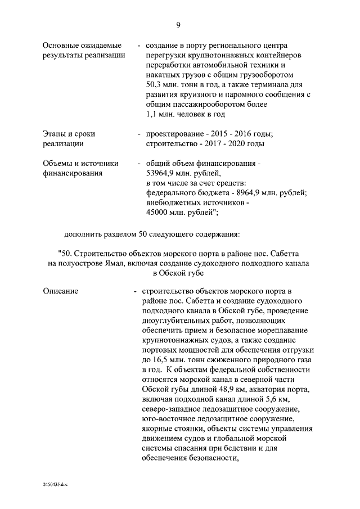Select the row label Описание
[x=61, y=291]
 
